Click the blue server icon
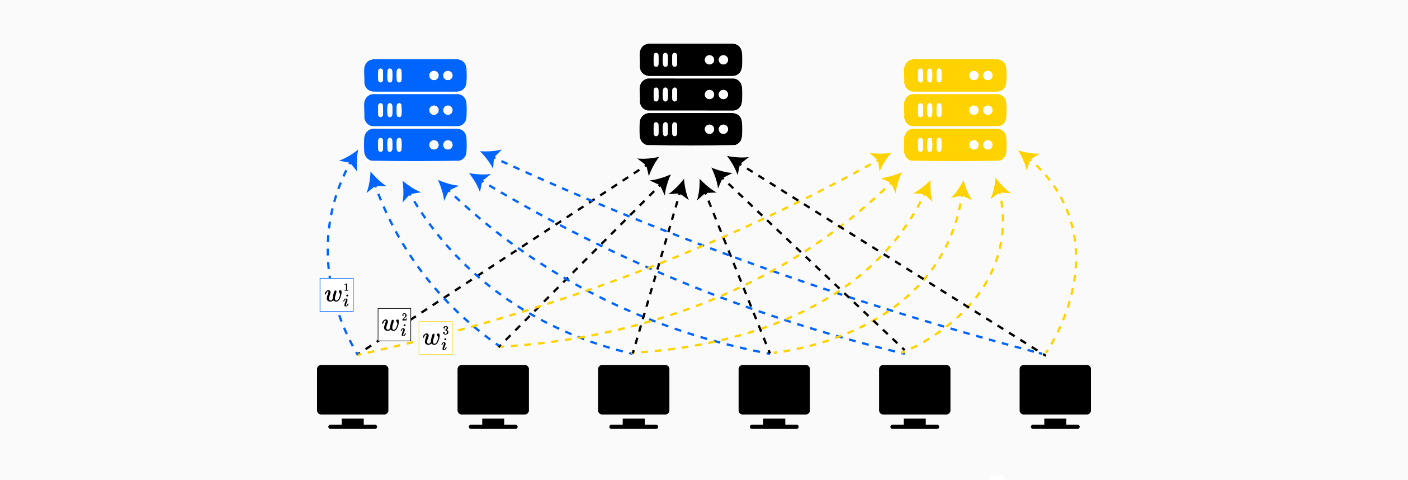click(x=415, y=110)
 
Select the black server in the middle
click(x=691, y=95)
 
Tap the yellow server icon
click(x=955, y=110)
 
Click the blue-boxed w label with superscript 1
click(x=337, y=295)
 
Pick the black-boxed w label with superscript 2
click(x=394, y=324)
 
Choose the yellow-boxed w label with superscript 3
click(x=436, y=338)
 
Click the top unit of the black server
click(x=691, y=60)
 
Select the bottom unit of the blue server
click(x=415, y=145)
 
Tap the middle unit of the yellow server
click(x=955, y=110)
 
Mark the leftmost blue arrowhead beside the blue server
click(x=351, y=159)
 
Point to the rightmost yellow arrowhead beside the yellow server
click(x=1027, y=158)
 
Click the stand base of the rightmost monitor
click(x=1055, y=427)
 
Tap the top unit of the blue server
click(x=415, y=76)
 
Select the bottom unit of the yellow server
click(x=955, y=145)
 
